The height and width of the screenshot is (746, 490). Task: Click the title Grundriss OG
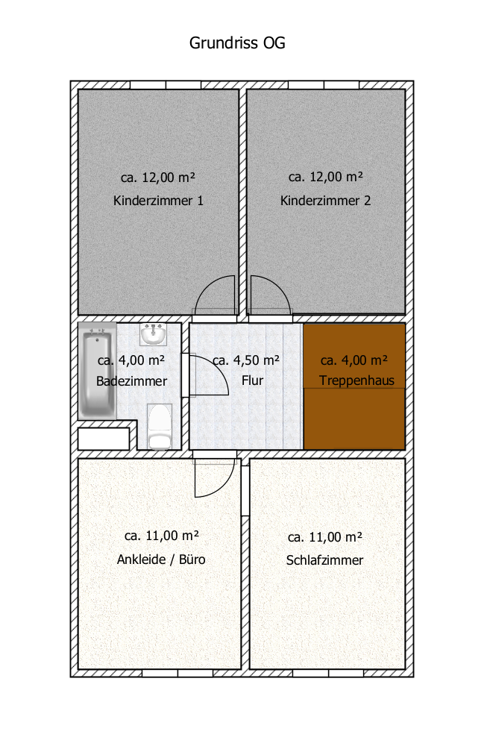[x=237, y=43]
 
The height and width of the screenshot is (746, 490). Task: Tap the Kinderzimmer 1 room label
[x=158, y=201]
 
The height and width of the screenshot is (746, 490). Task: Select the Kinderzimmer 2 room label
[x=325, y=201]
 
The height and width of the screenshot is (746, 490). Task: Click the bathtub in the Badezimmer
[x=98, y=371]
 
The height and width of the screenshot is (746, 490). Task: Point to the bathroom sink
[x=153, y=334]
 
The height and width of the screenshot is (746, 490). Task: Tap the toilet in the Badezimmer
[x=160, y=427]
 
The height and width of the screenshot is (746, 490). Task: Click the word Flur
[x=252, y=380]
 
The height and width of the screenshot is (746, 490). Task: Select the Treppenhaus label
[x=356, y=380]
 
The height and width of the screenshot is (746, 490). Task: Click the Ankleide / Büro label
[x=161, y=559]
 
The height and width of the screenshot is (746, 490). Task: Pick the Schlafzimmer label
[x=324, y=560]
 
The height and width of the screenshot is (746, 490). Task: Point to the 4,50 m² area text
[x=246, y=360]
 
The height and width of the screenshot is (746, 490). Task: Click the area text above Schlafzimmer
[x=325, y=537]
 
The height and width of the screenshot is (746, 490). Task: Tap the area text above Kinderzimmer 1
[x=158, y=178]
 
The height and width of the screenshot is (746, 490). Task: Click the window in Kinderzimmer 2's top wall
[x=324, y=85]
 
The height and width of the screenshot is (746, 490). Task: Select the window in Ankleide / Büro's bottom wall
[x=178, y=673]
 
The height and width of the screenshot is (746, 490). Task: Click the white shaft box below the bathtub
[x=104, y=439]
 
